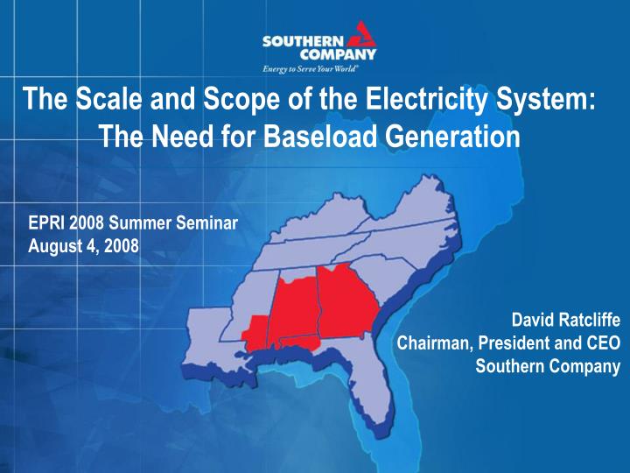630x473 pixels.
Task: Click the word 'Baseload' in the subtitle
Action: pos(300,136)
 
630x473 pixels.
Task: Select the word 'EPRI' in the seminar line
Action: pos(46,223)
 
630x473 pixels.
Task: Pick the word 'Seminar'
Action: pos(204,223)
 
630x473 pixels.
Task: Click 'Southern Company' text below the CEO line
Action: pos(548,366)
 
